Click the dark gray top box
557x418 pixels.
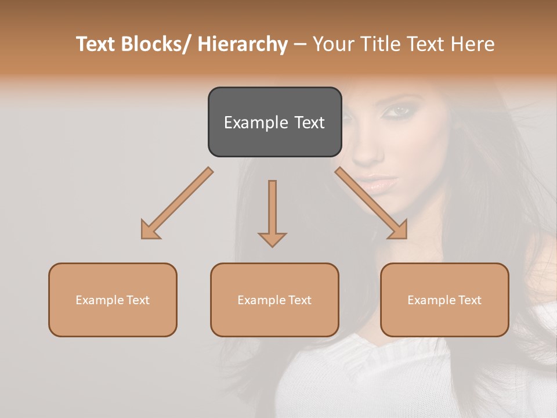pos(274,122)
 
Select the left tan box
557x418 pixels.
pos(113,300)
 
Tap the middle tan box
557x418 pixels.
pos(274,300)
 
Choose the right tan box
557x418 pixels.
pos(444,300)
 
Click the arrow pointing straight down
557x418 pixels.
pos(272,212)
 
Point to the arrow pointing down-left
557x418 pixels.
pos(177,203)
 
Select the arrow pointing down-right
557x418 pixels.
pos(371,203)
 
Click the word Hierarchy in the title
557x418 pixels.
pos(242,44)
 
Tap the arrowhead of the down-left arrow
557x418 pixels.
pos(150,230)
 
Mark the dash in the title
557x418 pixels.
pos(300,44)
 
